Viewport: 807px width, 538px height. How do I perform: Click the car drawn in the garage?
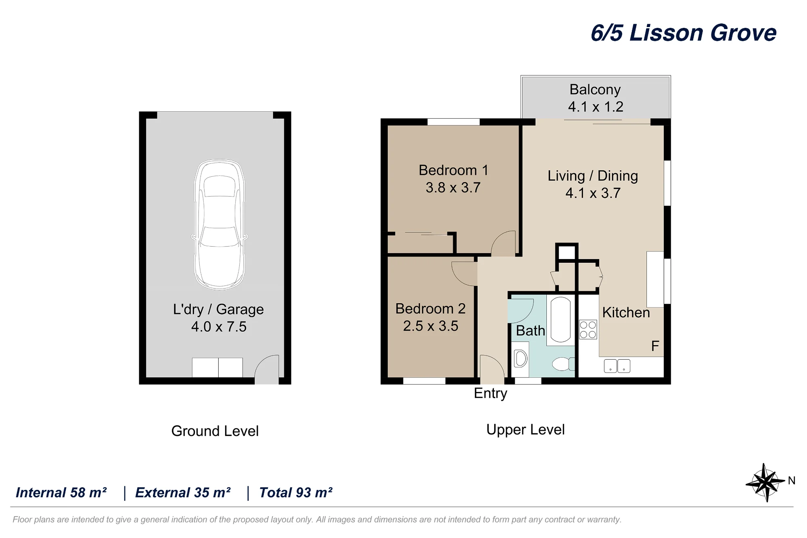tap(219, 224)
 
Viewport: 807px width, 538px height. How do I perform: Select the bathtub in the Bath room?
tap(560, 320)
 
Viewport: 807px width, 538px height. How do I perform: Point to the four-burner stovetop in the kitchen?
tap(588, 329)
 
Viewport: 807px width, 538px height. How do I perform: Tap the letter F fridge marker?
tap(655, 346)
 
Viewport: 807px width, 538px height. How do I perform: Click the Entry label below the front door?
tap(490, 393)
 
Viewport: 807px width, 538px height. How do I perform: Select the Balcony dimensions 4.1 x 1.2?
tap(596, 107)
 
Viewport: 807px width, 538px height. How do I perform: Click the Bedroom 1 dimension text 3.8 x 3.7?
tap(453, 188)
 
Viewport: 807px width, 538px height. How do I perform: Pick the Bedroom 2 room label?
tap(431, 309)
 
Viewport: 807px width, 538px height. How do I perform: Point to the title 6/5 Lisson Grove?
tap(684, 33)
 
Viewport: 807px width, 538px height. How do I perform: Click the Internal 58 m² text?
tap(61, 492)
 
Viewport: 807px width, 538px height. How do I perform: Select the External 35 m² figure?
tap(183, 492)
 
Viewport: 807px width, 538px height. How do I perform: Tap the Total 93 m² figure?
tap(296, 492)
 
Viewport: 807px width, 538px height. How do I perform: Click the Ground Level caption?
tap(215, 431)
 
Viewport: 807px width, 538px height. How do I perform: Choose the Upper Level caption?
tap(525, 430)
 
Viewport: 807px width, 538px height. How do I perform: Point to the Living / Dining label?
tap(593, 176)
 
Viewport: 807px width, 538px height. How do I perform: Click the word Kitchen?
tap(626, 312)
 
